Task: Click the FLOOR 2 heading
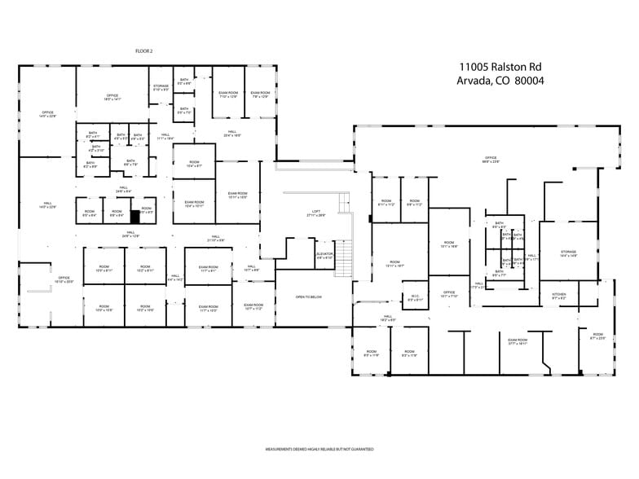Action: (x=144, y=51)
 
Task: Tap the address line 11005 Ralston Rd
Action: (x=500, y=67)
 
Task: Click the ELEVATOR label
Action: (x=325, y=256)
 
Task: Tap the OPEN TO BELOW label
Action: (x=309, y=297)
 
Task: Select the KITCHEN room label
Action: (x=559, y=295)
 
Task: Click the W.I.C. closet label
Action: (x=414, y=298)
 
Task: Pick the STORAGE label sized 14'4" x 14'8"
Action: (x=568, y=254)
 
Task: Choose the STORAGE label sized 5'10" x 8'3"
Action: (x=161, y=87)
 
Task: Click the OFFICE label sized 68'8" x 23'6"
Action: (x=491, y=160)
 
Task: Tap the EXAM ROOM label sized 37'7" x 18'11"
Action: (x=518, y=342)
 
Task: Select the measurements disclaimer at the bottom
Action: (x=319, y=449)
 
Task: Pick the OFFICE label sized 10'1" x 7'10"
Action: (x=448, y=293)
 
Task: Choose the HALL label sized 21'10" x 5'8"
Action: (x=215, y=239)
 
